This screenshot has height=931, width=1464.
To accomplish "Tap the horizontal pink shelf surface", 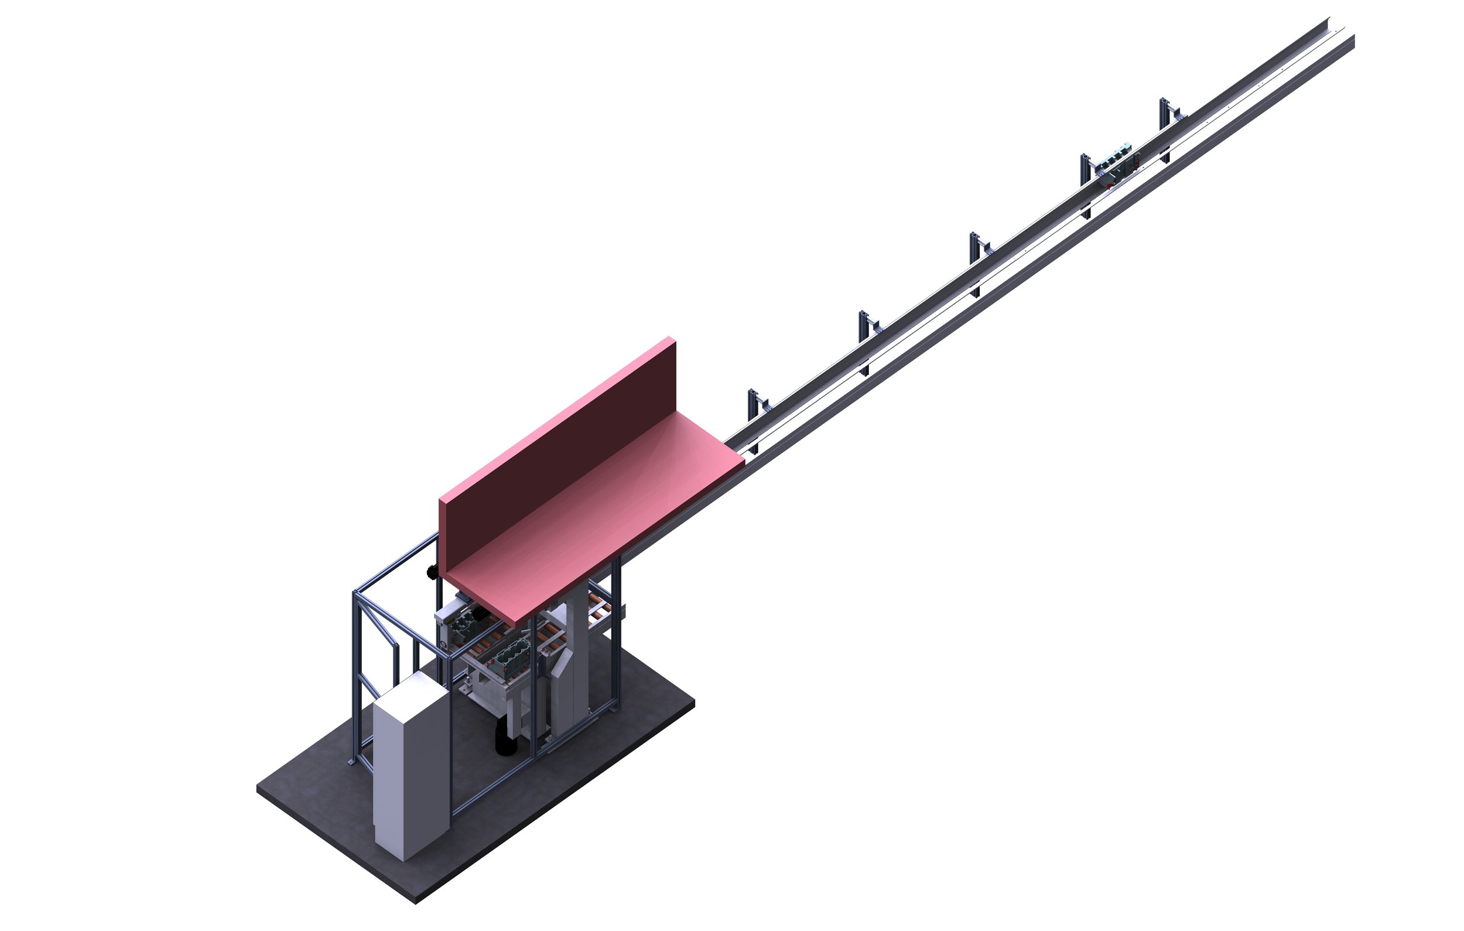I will (x=602, y=517).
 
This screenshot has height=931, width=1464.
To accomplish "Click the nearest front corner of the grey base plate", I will (x=416, y=902).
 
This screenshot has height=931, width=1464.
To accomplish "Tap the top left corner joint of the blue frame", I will (x=355, y=592).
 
